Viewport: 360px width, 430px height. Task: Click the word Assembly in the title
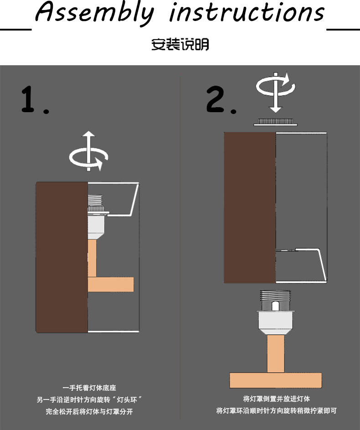pyautogui.click(x=94, y=13)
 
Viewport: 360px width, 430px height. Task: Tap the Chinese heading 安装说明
pyautogui.click(x=180, y=45)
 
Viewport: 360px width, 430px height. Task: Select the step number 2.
pyautogui.click(x=220, y=100)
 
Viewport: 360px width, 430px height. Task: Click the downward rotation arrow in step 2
pyautogui.click(x=274, y=91)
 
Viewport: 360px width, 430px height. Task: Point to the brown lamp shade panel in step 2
pyautogui.click(x=249, y=207)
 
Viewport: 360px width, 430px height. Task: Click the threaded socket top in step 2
pyautogui.click(x=275, y=299)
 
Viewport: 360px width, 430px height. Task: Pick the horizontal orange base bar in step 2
pyautogui.click(x=275, y=380)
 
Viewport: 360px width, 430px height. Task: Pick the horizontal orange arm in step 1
pyautogui.click(x=111, y=284)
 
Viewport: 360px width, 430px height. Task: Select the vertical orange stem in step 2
pyautogui.click(x=275, y=354)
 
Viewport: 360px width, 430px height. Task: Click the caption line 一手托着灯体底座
pyautogui.click(x=89, y=388)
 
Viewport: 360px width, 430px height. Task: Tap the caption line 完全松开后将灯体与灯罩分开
pyautogui.click(x=89, y=411)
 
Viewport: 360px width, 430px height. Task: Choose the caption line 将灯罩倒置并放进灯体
pyautogui.click(x=277, y=399)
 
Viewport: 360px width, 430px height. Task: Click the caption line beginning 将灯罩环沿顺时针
pyautogui.click(x=277, y=411)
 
